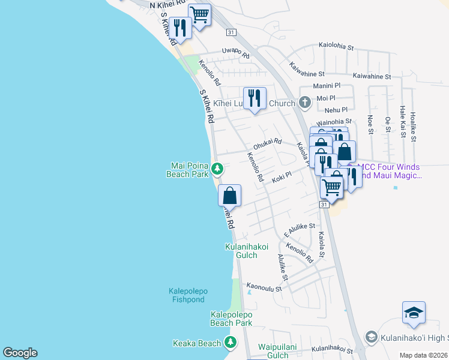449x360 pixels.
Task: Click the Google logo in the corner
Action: pyautogui.click(x=20, y=353)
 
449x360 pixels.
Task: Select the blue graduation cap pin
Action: pyautogui.click(x=414, y=313)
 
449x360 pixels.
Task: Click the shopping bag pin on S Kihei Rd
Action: pyautogui.click(x=229, y=195)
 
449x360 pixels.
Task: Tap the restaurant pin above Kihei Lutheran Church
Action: pyautogui.click(x=255, y=98)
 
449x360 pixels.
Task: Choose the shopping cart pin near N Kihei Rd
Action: pyautogui.click(x=199, y=14)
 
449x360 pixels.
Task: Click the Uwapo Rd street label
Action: pyautogui.click(x=235, y=51)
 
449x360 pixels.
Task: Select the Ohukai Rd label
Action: pyautogui.click(x=267, y=142)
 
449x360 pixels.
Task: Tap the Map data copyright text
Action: pyautogui.click(x=423, y=355)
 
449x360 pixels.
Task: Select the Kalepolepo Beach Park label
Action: pyautogui.click(x=231, y=319)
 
